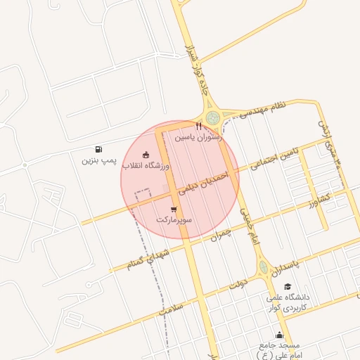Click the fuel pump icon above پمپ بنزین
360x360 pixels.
tap(98, 149)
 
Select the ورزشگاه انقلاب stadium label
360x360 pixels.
tap(146, 166)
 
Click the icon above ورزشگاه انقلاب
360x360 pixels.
tap(146, 155)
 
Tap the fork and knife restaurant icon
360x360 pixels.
tap(199, 127)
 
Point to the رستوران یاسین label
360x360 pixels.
tap(199, 138)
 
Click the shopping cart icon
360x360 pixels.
tap(173, 210)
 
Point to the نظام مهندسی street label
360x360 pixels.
tap(263, 110)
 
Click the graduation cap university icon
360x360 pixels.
tap(288, 286)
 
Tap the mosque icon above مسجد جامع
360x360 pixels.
tap(281, 335)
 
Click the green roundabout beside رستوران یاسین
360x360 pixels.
tap(212, 117)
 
